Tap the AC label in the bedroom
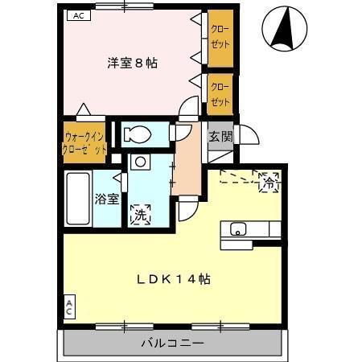[77, 15]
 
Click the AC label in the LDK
[69, 306]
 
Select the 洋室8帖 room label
[133, 63]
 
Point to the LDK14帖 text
[173, 279]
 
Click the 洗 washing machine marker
[141, 215]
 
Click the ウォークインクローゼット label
[84, 143]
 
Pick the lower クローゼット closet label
[220, 93]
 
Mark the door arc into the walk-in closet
[84, 109]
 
